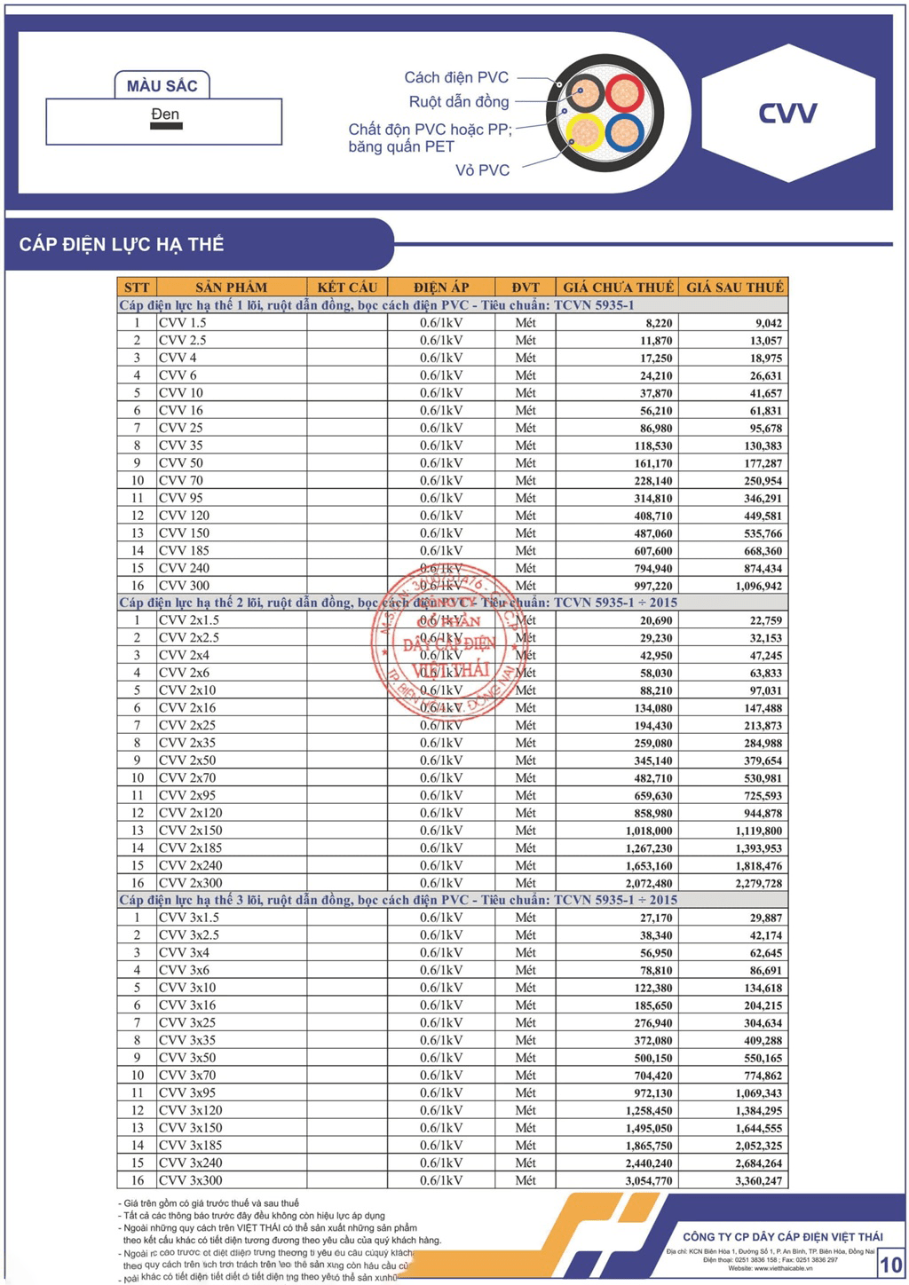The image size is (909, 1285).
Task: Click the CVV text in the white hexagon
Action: pos(787,114)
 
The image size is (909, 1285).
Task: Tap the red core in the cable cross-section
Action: pos(625,92)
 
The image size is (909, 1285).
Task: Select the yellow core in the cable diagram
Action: pos(585,132)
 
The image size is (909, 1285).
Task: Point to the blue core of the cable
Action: pos(625,132)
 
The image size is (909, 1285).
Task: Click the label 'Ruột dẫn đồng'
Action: pos(458,102)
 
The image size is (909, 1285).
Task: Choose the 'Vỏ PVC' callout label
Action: pos(482,170)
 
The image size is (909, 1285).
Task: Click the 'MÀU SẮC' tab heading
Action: pos(162,86)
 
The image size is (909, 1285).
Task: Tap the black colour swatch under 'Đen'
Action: pos(166,126)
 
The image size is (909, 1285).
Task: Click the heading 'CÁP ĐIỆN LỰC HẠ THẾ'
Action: pos(122,245)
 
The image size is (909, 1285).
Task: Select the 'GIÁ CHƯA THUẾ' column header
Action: pos(618,288)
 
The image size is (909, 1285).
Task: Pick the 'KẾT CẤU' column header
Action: pos(347,288)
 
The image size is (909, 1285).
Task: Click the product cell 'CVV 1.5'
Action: pos(183,323)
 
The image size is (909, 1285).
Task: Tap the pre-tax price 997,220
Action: pos(653,586)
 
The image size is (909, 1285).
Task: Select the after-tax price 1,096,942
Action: pos(759,586)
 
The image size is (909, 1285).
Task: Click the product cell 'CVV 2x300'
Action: pos(191,883)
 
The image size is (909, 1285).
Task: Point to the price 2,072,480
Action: pos(649,883)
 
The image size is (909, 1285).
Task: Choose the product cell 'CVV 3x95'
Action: pos(187,1093)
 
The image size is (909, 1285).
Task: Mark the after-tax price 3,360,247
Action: pos(759,1181)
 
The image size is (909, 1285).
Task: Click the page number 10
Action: pos(890,1265)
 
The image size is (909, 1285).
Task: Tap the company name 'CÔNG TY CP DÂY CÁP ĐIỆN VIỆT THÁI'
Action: pos(782,1236)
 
